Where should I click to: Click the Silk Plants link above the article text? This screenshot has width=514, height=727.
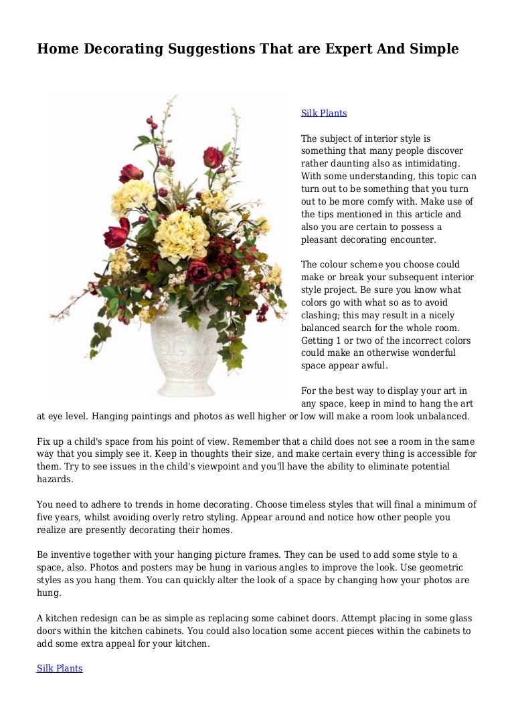pos(324,113)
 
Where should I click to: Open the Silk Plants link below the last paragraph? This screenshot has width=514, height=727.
pos(60,668)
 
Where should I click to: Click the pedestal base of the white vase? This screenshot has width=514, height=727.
pos(179,388)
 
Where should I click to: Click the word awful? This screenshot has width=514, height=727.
pos(373,366)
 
